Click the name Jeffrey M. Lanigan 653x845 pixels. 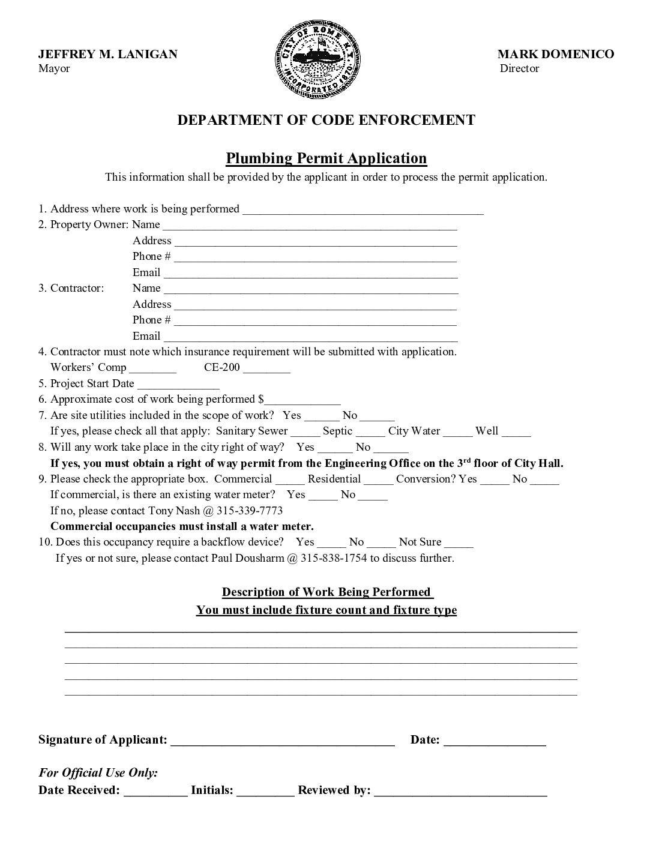[x=108, y=54]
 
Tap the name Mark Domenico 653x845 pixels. [x=556, y=54]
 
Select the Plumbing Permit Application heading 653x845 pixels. [x=326, y=158]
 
